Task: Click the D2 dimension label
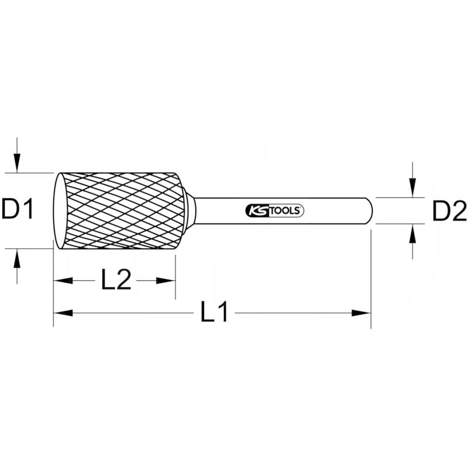449,211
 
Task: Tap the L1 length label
214,314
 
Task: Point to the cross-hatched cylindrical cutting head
123,211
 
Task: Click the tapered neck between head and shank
189,211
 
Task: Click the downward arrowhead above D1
18,164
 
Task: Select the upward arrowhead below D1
18,257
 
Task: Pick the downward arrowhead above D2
413,188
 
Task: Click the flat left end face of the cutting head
58,211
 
